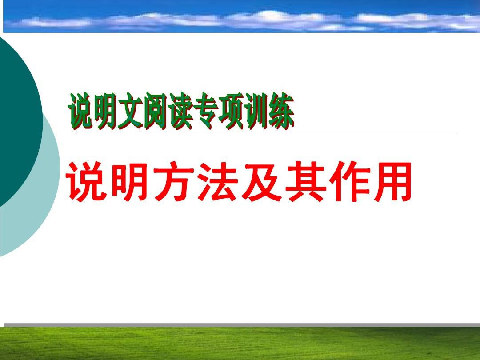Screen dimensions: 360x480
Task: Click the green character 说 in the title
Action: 81,111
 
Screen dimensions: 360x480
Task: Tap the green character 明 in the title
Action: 106,111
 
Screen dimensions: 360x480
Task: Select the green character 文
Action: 131,111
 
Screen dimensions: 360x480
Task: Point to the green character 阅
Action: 156,111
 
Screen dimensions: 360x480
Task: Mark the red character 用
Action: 391,182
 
